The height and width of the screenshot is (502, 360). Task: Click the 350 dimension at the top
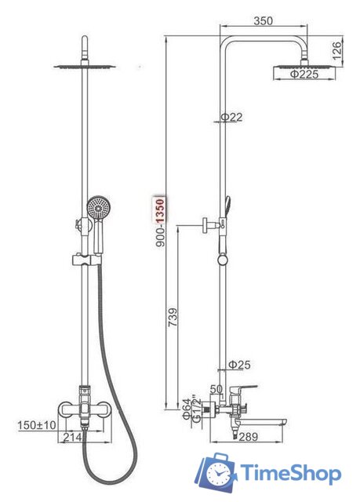click(x=263, y=21)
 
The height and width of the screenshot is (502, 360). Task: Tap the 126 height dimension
click(x=336, y=51)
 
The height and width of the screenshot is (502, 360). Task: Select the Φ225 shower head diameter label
click(x=304, y=75)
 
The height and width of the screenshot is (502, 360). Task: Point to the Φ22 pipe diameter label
click(x=231, y=117)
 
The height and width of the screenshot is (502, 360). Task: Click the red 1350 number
click(x=160, y=210)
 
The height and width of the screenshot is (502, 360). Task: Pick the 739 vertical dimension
click(x=173, y=317)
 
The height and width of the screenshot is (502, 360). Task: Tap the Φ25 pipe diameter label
click(x=239, y=364)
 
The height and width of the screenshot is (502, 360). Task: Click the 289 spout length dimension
click(x=248, y=436)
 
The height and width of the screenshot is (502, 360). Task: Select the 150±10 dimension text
click(x=37, y=425)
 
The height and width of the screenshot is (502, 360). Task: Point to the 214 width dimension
click(x=72, y=437)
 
